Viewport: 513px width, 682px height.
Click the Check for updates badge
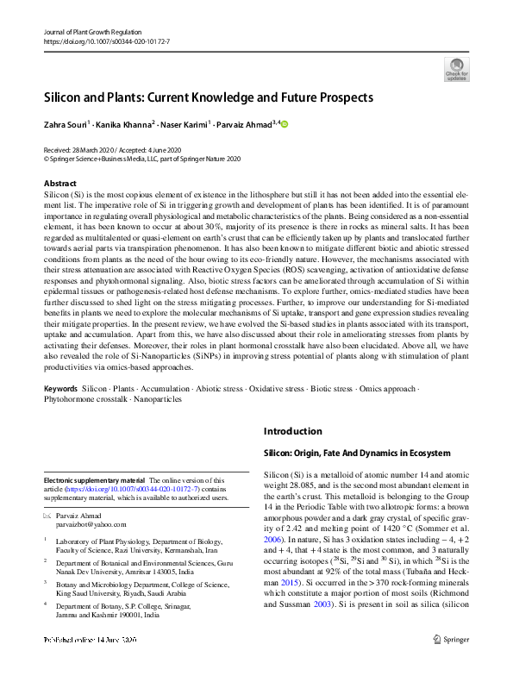[x=456, y=68]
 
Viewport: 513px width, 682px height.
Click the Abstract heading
[x=60, y=184]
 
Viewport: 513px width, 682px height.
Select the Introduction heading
[x=292, y=431]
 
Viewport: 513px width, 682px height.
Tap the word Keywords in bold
[x=63, y=389]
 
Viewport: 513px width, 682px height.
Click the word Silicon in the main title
[x=67, y=97]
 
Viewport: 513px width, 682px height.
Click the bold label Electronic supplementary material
[x=95, y=480]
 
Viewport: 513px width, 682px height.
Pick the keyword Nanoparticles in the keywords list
[x=158, y=400]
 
